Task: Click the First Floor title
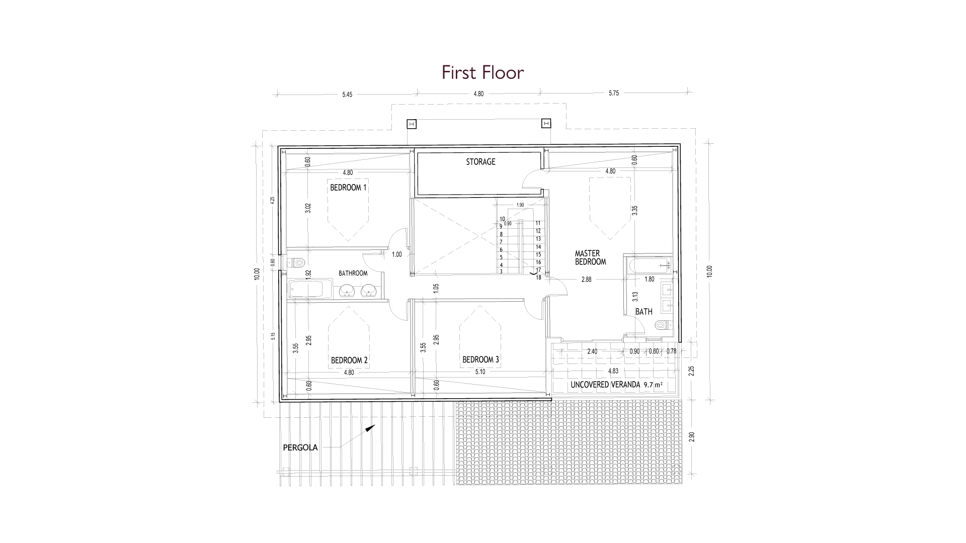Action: point(483,72)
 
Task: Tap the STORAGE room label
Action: point(480,162)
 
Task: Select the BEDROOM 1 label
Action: point(348,188)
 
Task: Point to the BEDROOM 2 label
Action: point(349,360)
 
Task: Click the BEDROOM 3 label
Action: point(480,360)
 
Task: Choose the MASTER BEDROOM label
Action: point(591,257)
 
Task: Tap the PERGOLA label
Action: point(300,447)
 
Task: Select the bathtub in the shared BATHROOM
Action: point(306,290)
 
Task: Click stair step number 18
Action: point(538,278)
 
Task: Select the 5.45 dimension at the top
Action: point(347,94)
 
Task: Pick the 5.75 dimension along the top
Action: point(614,94)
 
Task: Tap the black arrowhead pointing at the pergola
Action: point(370,428)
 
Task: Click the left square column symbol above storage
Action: point(412,124)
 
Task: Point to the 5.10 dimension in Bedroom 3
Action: point(479,373)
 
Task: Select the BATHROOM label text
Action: point(353,274)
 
